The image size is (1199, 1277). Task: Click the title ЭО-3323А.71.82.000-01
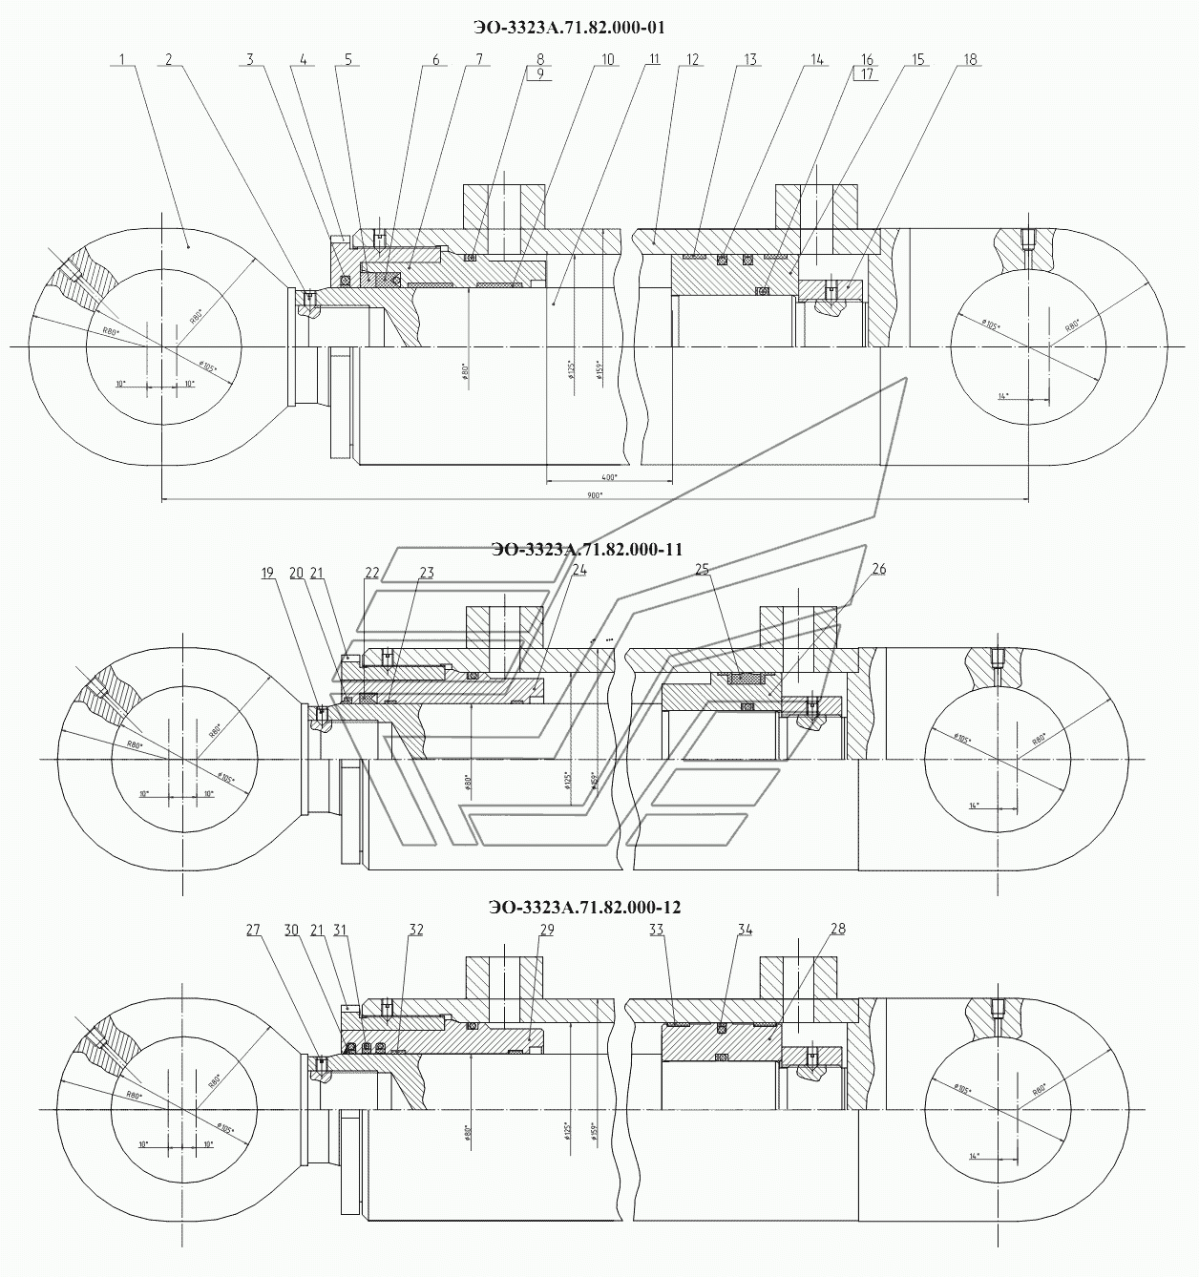569,28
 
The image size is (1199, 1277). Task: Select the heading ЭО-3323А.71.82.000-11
586,550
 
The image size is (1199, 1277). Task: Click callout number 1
123,59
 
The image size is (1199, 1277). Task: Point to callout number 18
970,59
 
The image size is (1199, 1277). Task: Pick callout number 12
692,59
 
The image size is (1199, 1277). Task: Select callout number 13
750,59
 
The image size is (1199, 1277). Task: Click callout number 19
267,573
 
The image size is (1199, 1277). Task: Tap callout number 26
878,569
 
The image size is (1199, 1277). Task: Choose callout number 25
703,569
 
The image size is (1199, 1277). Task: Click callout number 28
838,929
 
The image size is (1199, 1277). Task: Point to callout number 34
745,929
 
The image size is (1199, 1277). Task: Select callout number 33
656,929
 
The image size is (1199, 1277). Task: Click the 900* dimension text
595,495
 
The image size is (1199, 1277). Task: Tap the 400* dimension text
609,476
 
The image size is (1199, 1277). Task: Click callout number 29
546,929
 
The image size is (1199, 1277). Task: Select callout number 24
579,570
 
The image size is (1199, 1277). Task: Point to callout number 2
168,59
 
